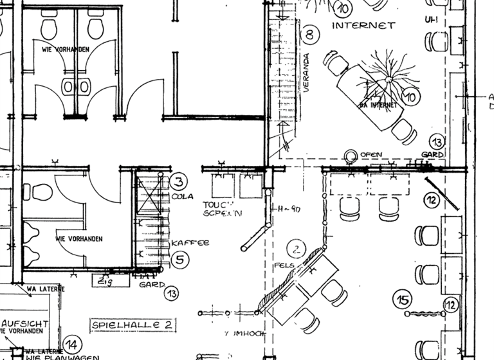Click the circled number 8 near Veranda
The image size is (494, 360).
coord(310,34)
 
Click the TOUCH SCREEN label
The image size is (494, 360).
coord(223,208)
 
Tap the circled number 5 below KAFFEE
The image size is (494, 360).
coord(180,260)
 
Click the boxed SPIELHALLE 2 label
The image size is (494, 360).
coord(133,325)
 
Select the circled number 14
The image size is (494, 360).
coord(72,344)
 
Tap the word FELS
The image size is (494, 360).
coord(284,265)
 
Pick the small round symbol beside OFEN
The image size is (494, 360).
coord(351,155)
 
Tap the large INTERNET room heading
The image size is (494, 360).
coord(363,26)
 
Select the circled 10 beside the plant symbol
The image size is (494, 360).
coord(410,97)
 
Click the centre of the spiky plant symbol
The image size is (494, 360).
coord(387,79)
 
